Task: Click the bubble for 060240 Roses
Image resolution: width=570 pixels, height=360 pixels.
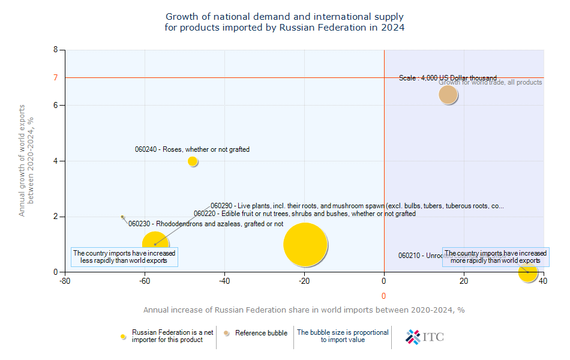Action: pyautogui.click(x=193, y=161)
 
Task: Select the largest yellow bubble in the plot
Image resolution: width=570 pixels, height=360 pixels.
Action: pyautogui.click(x=305, y=244)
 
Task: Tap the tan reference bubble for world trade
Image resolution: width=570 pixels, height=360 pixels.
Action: pyautogui.click(x=448, y=94)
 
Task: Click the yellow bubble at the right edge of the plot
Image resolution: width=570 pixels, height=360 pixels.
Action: pyautogui.click(x=528, y=272)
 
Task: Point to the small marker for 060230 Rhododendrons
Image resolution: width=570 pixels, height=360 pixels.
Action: pyautogui.click(x=122, y=217)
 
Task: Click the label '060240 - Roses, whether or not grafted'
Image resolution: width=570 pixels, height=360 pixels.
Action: pyautogui.click(x=192, y=149)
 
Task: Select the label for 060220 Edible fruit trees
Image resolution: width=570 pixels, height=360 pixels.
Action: pyautogui.click(x=304, y=214)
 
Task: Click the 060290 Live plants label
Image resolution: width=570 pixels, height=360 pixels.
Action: pyautogui.click(x=357, y=206)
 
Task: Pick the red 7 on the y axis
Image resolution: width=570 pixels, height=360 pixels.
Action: pyautogui.click(x=55, y=77)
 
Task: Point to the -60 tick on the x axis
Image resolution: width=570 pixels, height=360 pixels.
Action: pyautogui.click(x=145, y=281)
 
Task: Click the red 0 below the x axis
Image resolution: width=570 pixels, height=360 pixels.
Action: pyautogui.click(x=383, y=296)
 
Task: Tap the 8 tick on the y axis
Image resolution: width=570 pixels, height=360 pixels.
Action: pyautogui.click(x=55, y=50)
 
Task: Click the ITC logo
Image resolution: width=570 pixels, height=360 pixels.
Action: pyautogui.click(x=425, y=337)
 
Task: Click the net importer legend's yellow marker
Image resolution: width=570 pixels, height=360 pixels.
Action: pyautogui.click(x=124, y=337)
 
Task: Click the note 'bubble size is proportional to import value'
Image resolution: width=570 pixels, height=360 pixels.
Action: pyautogui.click(x=343, y=336)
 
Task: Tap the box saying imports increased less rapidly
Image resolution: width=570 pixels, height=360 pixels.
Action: pyautogui.click(x=124, y=257)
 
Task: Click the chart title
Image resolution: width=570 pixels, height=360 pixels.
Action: pyautogui.click(x=284, y=22)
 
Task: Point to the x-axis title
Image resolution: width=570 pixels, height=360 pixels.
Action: pyautogui.click(x=304, y=310)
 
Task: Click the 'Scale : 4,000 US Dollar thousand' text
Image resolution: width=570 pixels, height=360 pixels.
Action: pyautogui.click(x=448, y=78)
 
